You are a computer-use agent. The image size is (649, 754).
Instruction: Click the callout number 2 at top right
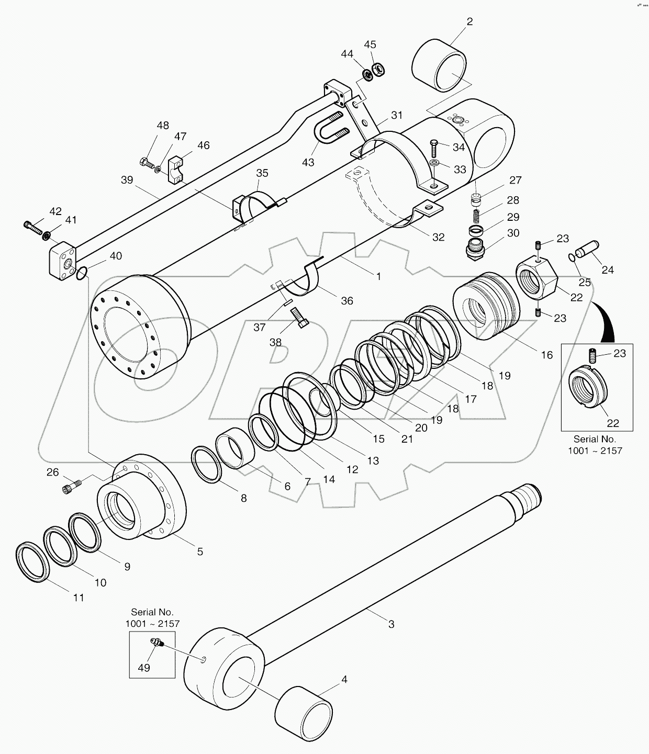(469, 21)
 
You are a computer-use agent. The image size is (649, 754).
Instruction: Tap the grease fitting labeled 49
(156, 643)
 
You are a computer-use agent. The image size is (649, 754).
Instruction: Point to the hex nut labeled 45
(377, 68)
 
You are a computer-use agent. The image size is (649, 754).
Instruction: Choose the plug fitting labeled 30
(476, 246)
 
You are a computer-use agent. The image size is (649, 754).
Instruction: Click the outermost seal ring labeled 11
(33, 562)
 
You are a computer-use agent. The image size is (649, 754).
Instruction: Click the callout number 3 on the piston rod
(391, 624)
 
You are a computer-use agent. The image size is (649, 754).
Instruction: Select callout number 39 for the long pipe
(127, 180)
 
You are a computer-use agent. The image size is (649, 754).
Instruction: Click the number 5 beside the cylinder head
(199, 552)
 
